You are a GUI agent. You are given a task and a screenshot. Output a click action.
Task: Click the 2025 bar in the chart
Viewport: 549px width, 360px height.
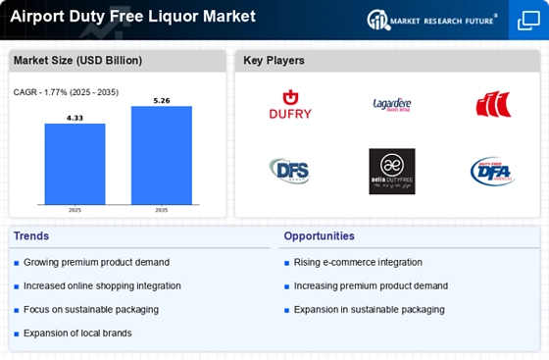tap(75, 163)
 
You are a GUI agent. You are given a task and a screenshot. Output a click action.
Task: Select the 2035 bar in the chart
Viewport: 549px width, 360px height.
tap(161, 154)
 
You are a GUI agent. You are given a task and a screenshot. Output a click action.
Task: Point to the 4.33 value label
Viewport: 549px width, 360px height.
tap(75, 118)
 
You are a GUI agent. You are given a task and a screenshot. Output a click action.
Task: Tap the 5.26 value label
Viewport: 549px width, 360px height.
tap(161, 99)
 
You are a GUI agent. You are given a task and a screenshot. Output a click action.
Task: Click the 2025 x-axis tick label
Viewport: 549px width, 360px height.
tap(75, 209)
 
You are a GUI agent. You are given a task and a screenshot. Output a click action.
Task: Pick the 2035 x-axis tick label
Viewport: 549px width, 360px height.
tap(161, 209)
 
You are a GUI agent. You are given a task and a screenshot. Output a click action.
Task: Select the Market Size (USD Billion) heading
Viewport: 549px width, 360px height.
tap(77, 61)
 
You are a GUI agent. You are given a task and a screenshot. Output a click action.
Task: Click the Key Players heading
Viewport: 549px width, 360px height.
tap(274, 61)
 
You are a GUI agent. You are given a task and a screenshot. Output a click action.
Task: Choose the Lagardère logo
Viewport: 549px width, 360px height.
tap(392, 103)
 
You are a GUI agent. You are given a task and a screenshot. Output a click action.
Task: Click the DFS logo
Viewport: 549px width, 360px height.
tap(290, 171)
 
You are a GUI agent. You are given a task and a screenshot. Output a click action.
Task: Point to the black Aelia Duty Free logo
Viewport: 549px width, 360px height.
tap(392, 171)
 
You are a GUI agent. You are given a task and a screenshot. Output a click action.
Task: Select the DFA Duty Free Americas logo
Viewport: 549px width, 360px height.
tap(491, 171)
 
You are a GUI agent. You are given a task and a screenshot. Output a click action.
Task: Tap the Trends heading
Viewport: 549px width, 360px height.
tap(31, 236)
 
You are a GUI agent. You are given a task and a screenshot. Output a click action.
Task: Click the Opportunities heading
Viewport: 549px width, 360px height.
tap(320, 236)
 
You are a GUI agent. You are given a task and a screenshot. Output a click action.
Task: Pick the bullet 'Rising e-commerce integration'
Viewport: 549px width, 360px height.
tap(358, 262)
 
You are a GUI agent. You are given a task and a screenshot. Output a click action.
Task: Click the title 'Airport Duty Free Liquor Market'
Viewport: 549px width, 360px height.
tap(132, 17)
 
